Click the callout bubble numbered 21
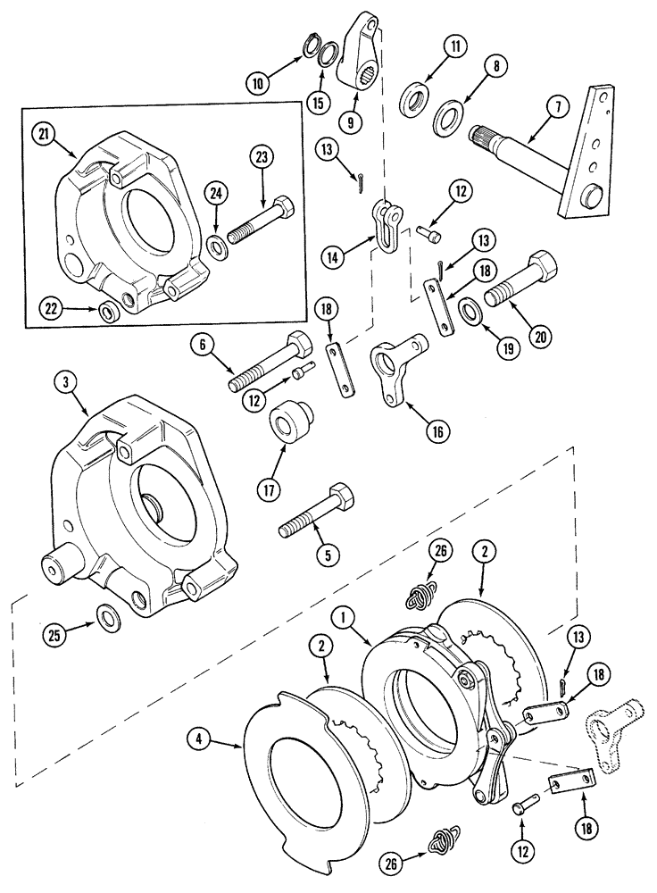click(x=41, y=134)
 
